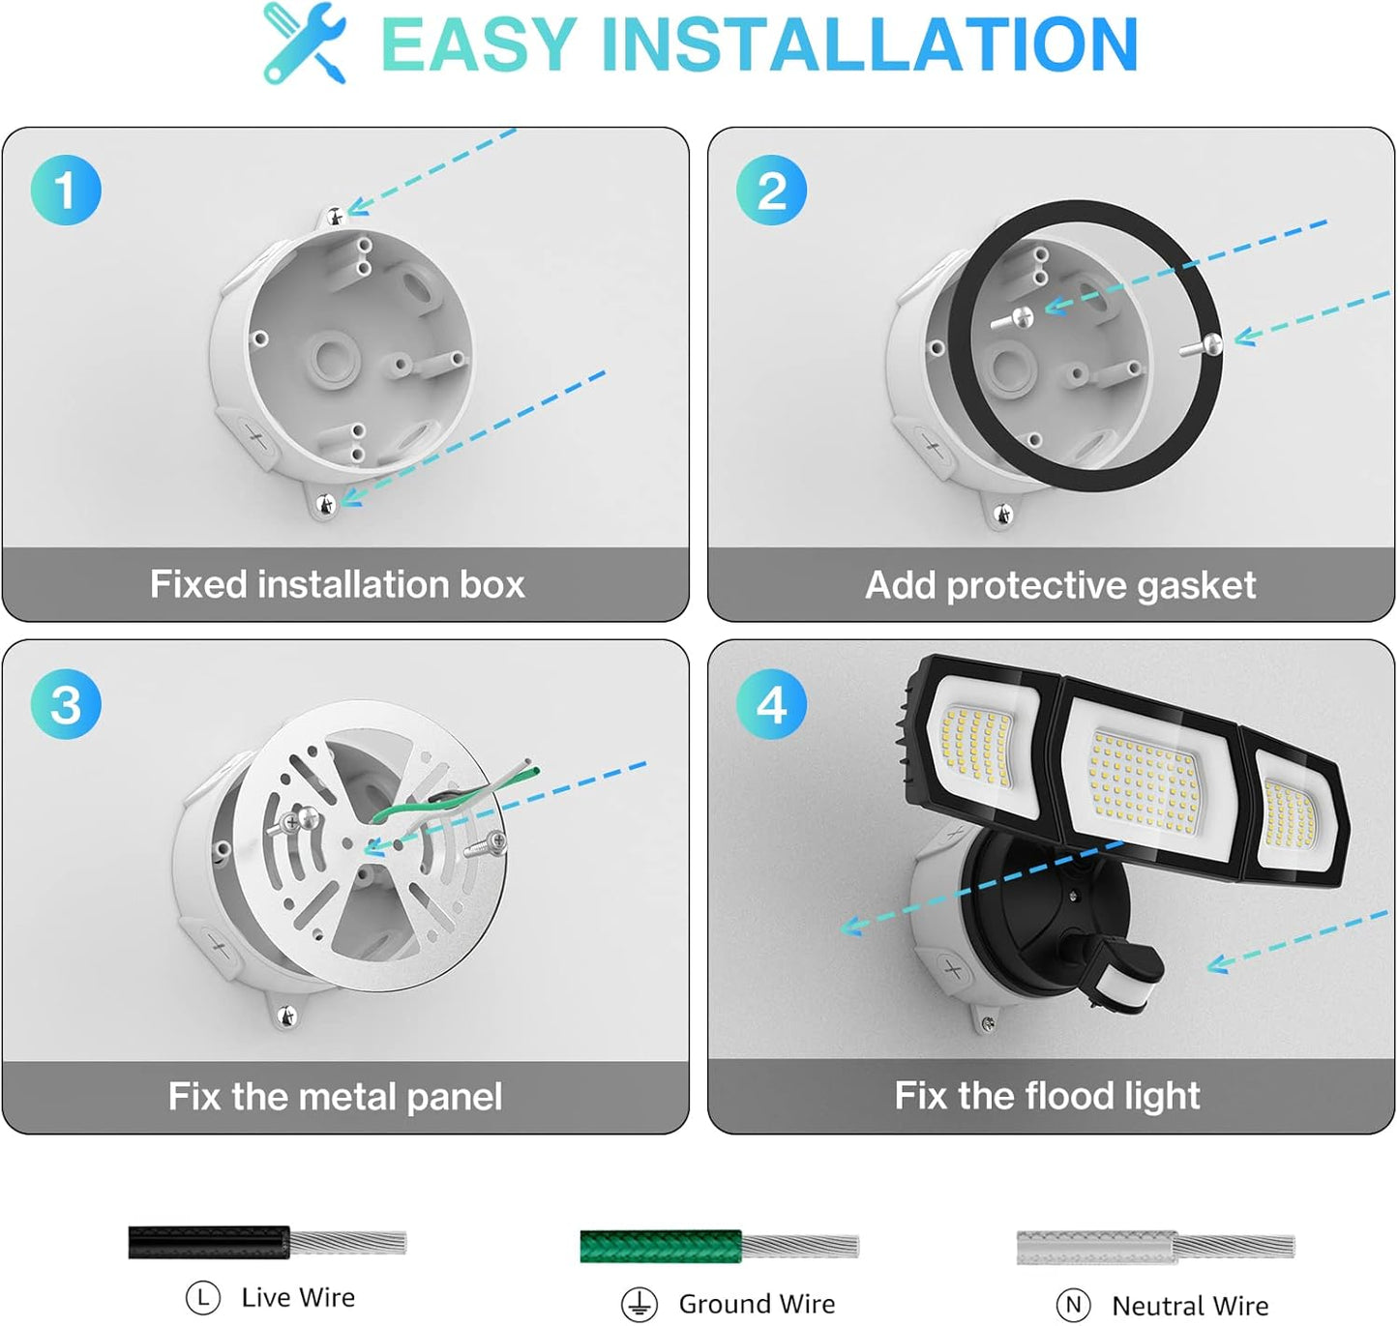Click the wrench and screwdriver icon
tap(304, 43)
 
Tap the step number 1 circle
tap(66, 190)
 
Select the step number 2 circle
tap(771, 190)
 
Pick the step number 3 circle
tap(66, 704)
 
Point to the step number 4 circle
tap(771, 704)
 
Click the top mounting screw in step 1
tap(335, 217)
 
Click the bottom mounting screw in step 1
tap(326, 503)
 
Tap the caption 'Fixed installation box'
tap(337, 584)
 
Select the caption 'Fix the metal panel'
tap(335, 1097)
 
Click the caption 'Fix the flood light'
tap(1047, 1096)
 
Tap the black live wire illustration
tap(266, 1242)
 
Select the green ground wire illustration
tap(718, 1246)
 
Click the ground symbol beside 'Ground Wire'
tap(640, 1305)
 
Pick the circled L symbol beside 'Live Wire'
tap(202, 1298)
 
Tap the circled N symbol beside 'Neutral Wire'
tap(1073, 1306)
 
